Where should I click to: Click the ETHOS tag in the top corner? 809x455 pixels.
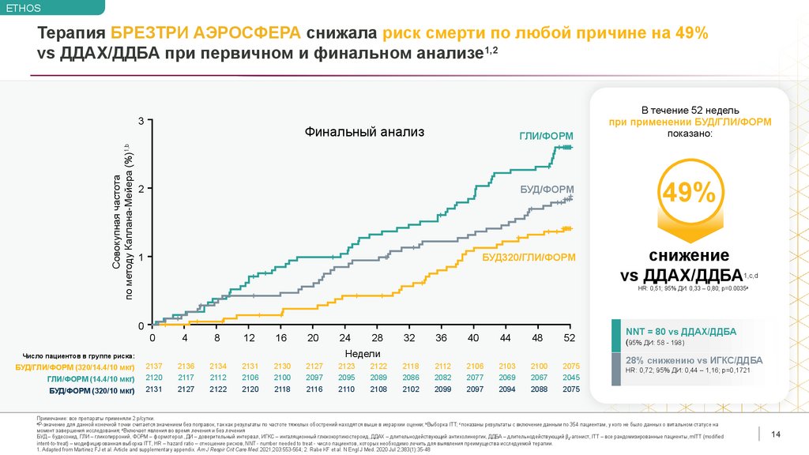point(22,9)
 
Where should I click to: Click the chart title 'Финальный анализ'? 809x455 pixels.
point(365,132)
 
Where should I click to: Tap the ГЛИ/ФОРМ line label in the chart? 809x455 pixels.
point(546,136)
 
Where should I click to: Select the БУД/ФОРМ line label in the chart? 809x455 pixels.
point(547,190)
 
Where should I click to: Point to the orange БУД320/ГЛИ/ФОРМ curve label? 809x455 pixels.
point(529,258)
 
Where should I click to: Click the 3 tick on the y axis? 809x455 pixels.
point(141,121)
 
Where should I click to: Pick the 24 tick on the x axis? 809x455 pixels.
point(345,337)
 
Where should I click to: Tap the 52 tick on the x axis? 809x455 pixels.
point(569,337)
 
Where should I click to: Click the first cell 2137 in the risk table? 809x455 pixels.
point(154,367)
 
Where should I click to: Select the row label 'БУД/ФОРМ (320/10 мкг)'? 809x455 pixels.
point(92,390)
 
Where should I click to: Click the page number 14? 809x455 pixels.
point(775,434)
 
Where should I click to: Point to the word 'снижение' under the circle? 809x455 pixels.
point(689,255)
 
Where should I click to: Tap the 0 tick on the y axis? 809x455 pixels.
point(141,325)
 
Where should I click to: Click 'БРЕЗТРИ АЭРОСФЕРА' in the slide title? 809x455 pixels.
point(205,33)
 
